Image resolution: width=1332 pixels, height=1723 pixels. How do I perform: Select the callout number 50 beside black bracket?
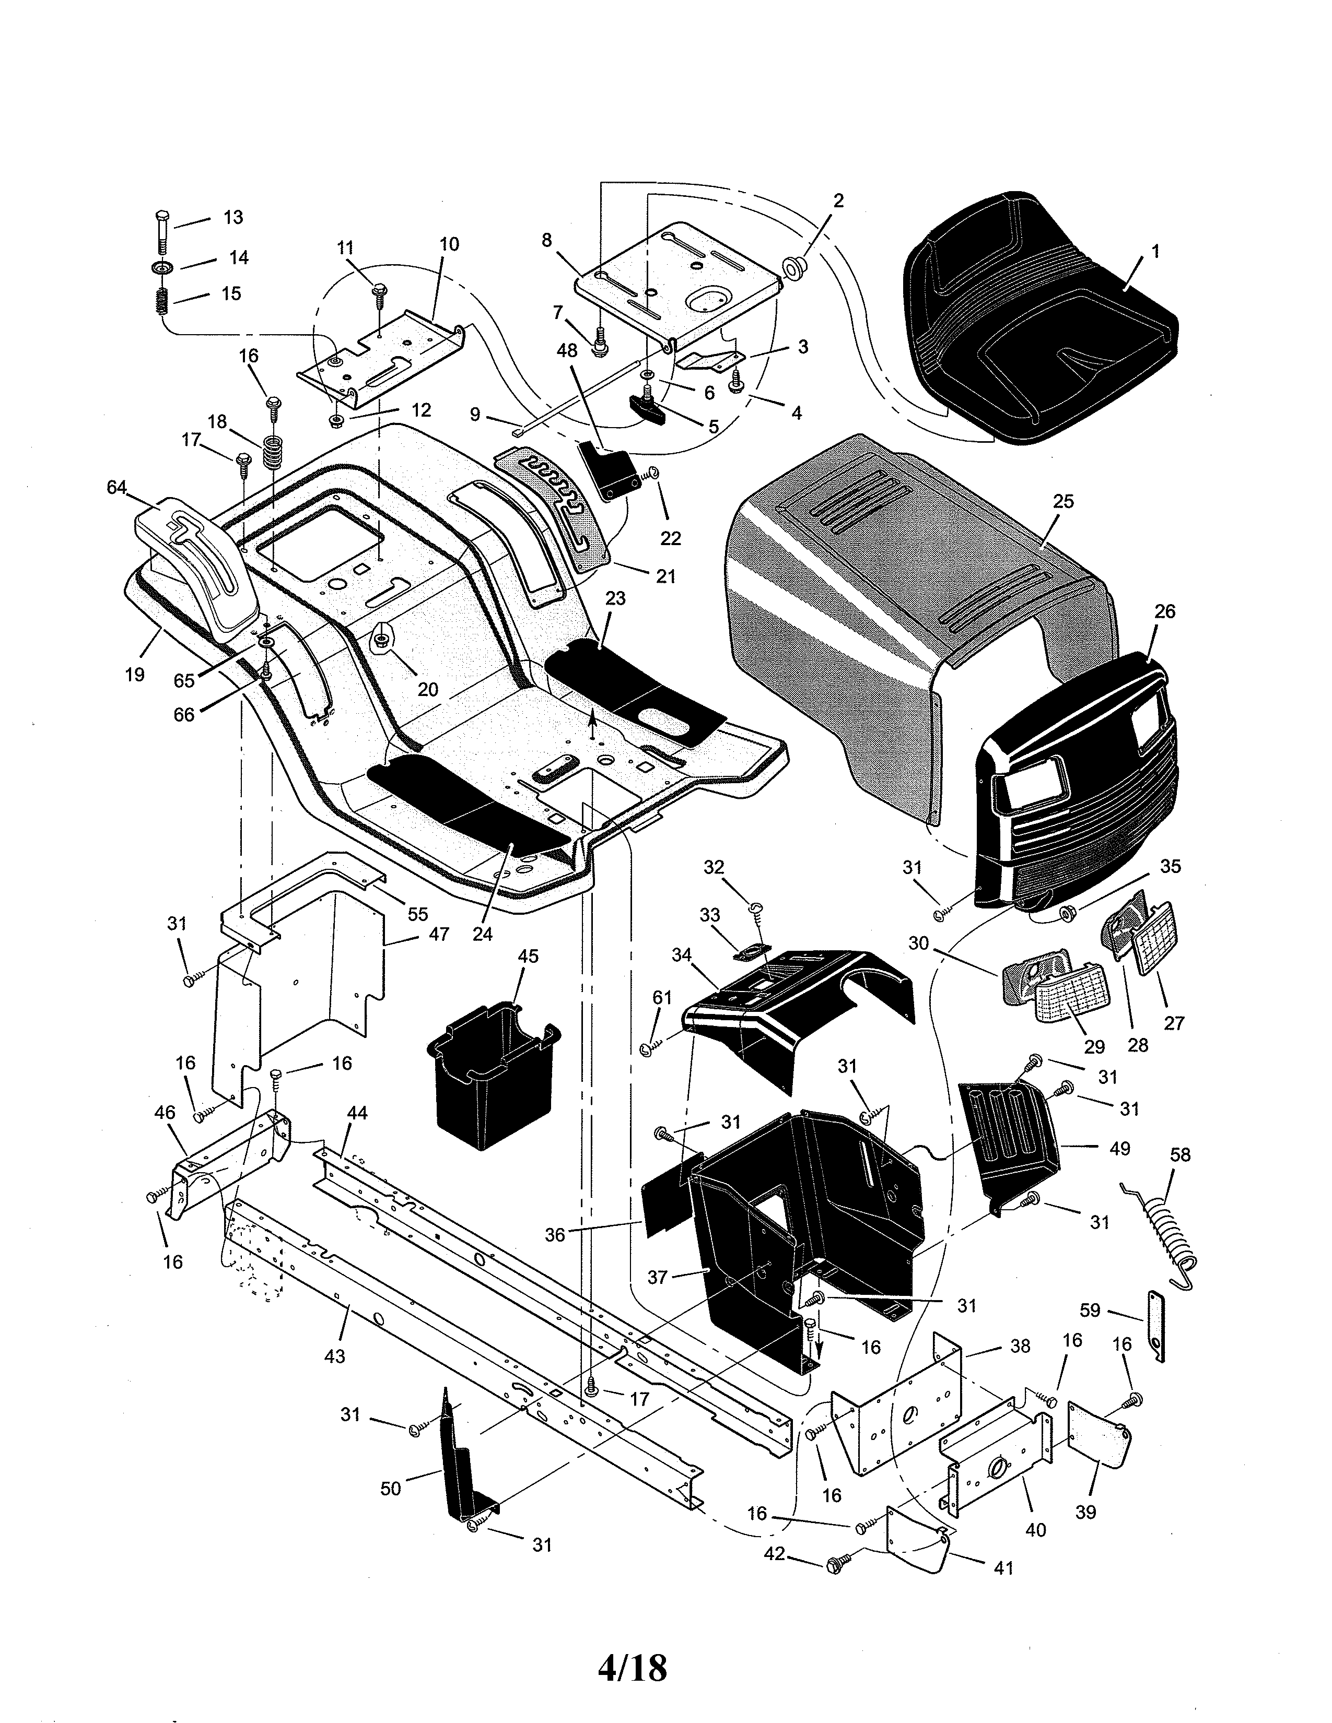pyautogui.click(x=391, y=1488)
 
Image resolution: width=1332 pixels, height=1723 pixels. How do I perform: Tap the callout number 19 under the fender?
pyautogui.click(x=135, y=675)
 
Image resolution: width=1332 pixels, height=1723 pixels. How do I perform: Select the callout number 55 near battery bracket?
pyautogui.click(x=417, y=914)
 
